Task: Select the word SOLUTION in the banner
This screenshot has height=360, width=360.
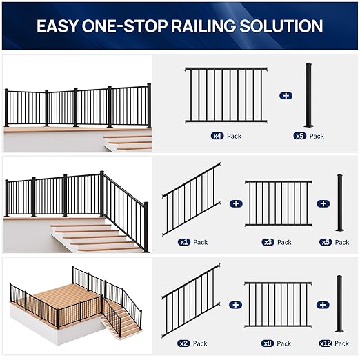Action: click(x=288, y=26)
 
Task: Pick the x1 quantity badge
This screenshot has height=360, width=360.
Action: click(x=184, y=242)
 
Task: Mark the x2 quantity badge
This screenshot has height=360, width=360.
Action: click(x=184, y=343)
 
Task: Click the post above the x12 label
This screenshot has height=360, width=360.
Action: click(x=339, y=303)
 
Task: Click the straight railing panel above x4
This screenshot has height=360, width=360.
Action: click(x=226, y=95)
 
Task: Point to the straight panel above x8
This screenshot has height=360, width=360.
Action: click(x=278, y=304)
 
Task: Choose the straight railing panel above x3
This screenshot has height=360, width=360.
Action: click(x=278, y=203)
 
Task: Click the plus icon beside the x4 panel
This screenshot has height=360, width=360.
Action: click(x=286, y=95)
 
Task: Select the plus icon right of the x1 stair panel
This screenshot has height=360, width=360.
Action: click(x=236, y=203)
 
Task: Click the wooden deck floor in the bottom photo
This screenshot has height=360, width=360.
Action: click(x=59, y=293)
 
